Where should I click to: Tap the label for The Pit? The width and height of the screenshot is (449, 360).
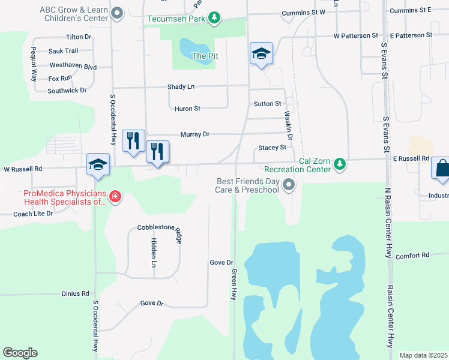pyautogui.click(x=204, y=56)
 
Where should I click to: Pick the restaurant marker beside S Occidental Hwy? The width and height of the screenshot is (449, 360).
pyautogui.click(x=132, y=140)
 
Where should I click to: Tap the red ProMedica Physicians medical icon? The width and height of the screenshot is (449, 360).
pyautogui.click(x=114, y=196)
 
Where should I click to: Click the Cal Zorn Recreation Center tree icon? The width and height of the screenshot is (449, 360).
pyautogui.click(x=340, y=164)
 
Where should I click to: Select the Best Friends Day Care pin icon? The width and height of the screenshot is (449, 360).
pyautogui.click(x=289, y=185)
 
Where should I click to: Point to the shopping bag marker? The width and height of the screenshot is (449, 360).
pyautogui.click(x=442, y=170)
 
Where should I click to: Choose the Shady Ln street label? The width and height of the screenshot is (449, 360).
pyautogui.click(x=181, y=86)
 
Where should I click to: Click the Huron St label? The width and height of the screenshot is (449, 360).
pyautogui.click(x=187, y=109)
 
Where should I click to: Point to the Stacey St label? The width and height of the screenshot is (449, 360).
pyautogui.click(x=272, y=147)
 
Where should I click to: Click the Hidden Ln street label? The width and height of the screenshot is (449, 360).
pyautogui.click(x=154, y=252)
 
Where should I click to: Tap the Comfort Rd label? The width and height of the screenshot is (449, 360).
pyautogui.click(x=412, y=255)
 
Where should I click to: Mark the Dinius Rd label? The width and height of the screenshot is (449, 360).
pyautogui.click(x=75, y=293)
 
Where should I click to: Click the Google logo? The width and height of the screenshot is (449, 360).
pyautogui.click(x=20, y=353)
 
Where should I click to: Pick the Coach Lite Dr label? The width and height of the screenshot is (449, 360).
pyautogui.click(x=33, y=214)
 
